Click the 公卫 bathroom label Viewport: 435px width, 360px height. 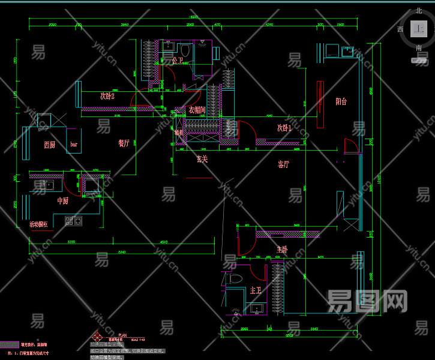[178, 61]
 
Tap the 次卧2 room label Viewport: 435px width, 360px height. [107, 96]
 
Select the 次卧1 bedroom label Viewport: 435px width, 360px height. [284, 128]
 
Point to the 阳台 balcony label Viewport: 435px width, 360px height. [341, 101]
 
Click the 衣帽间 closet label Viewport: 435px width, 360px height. [197, 110]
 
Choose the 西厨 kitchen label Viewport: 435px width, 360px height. [49, 145]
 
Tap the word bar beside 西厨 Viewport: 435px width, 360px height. [74, 145]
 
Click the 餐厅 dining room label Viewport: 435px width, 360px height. [124, 143]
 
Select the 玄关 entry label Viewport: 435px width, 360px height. [202, 159]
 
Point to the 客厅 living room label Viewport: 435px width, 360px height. [284, 164]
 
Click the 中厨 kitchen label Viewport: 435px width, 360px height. [62, 201]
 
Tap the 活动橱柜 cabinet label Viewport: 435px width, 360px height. [38, 224]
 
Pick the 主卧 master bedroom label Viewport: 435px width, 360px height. [282, 249]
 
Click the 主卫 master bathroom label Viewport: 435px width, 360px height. [256, 290]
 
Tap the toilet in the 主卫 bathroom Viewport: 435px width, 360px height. [236, 279]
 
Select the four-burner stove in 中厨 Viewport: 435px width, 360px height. [73, 221]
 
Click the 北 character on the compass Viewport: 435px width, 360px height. [418, 10]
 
